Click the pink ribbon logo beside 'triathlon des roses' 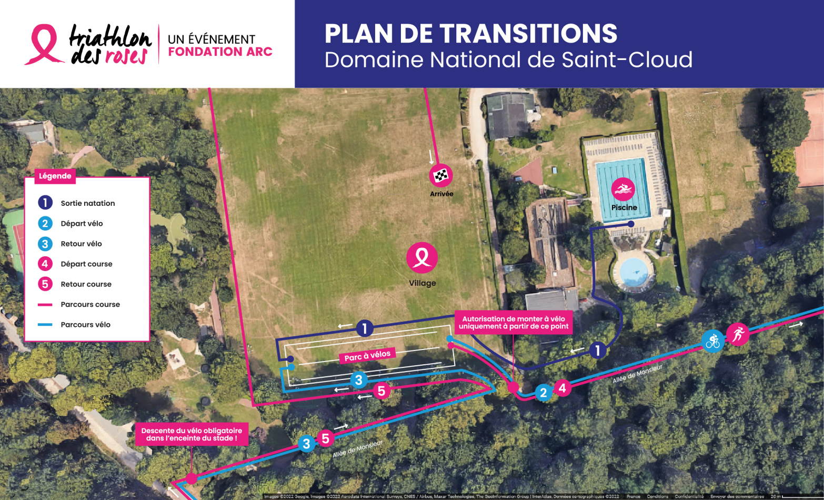tap(42, 44)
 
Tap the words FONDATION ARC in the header tap(220, 52)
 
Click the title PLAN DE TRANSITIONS tap(470, 34)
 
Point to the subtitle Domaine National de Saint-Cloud tap(508, 59)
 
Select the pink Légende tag tap(55, 176)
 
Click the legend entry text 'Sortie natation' tap(87, 203)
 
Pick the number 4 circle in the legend tap(45, 264)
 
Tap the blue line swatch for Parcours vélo tap(45, 325)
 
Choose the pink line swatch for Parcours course tap(45, 304)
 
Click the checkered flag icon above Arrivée tap(441, 175)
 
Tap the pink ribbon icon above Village tap(422, 257)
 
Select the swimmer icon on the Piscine tap(623, 189)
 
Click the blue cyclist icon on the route tap(713, 341)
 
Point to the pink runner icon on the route tap(738, 334)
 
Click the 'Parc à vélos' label tap(367, 356)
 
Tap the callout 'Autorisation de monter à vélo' tap(514, 322)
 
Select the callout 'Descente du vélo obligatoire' tap(192, 434)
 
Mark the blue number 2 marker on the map tap(544, 392)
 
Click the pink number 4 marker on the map tap(562, 388)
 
